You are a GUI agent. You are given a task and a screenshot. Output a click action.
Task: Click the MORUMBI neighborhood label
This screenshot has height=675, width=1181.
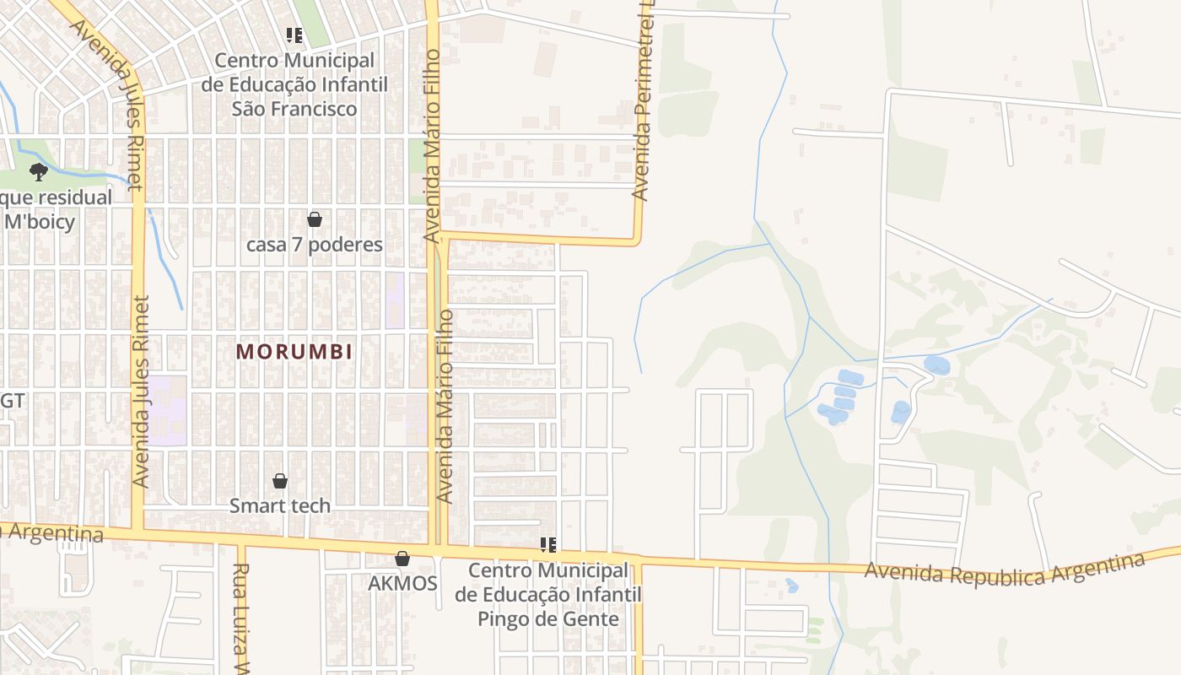click(x=294, y=352)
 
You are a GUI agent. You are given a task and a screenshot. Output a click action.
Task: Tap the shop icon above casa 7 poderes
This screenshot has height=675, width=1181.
click(x=315, y=219)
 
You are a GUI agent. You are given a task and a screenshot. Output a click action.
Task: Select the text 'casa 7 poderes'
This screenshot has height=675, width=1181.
click(x=315, y=245)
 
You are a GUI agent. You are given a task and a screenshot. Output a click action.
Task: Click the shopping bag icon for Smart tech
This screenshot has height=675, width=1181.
click(x=280, y=481)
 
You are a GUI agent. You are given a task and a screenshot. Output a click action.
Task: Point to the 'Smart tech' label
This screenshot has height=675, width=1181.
click(x=280, y=505)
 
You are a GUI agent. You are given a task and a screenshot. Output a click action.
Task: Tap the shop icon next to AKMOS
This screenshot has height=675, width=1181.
click(x=402, y=559)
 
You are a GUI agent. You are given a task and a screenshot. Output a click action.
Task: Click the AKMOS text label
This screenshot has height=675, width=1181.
click(x=402, y=583)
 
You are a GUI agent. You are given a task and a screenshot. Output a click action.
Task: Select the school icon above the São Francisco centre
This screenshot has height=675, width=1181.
click(x=294, y=35)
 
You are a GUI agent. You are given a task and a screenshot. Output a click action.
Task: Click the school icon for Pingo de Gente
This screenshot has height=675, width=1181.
click(x=547, y=545)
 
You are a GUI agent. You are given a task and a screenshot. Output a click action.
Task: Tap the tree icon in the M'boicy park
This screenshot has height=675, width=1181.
click(x=38, y=172)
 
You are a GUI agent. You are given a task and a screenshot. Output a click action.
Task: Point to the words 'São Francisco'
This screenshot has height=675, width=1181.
click(x=294, y=109)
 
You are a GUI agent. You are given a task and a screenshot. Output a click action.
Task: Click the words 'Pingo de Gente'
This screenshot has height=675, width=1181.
click(x=547, y=618)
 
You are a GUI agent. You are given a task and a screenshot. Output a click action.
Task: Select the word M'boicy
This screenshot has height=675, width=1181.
click(x=40, y=222)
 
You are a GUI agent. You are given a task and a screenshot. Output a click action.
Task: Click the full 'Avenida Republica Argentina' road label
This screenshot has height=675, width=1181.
click(x=1004, y=570)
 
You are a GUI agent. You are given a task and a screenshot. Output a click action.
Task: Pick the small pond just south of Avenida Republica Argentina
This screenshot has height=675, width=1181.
click(x=791, y=585)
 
